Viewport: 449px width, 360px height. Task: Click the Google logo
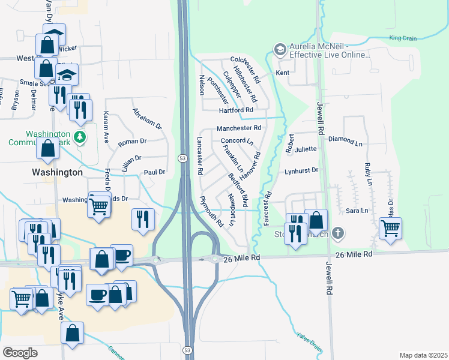[x=20, y=352]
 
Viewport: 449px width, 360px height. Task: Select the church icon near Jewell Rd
[x=338, y=233]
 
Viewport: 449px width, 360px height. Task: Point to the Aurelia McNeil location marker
[x=280, y=49]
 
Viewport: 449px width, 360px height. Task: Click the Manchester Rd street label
[x=239, y=128]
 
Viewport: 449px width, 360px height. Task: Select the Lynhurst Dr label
[x=301, y=171]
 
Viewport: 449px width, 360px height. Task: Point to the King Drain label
[x=402, y=38]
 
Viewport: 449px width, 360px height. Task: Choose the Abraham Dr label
[x=147, y=119]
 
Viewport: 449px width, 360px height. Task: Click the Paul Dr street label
[x=154, y=172]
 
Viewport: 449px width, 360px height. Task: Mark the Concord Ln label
[x=237, y=141]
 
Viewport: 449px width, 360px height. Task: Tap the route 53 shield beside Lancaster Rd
[x=181, y=158]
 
